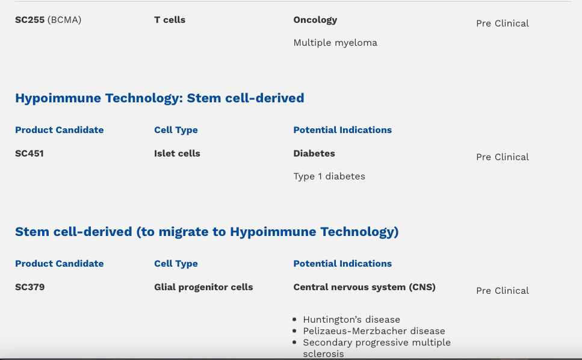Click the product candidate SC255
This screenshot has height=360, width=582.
point(29,20)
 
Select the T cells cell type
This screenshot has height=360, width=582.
point(170,20)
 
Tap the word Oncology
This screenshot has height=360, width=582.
point(315,20)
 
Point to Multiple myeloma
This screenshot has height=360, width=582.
point(335,43)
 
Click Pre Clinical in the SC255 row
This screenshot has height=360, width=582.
point(503,23)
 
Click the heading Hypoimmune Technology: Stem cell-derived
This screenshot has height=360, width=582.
point(159,98)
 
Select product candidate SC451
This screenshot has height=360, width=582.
point(29,154)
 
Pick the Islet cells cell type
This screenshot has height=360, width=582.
point(177,154)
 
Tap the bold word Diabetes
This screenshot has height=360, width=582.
point(314,154)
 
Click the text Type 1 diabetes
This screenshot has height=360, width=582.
point(329,176)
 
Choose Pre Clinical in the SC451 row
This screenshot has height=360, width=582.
point(503,157)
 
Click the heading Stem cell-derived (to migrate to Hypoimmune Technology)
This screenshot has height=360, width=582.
point(207,232)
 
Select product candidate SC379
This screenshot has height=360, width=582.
point(29,287)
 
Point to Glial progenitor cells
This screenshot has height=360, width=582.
point(203,287)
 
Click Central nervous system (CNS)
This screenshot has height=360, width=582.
point(365,287)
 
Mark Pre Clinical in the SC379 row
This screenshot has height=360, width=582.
point(503,291)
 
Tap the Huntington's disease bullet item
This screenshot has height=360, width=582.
point(351,320)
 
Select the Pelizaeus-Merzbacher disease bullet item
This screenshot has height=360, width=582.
point(374,331)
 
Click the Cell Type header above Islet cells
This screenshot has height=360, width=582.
point(176,130)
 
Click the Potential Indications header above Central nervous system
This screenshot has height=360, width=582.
point(342,264)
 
